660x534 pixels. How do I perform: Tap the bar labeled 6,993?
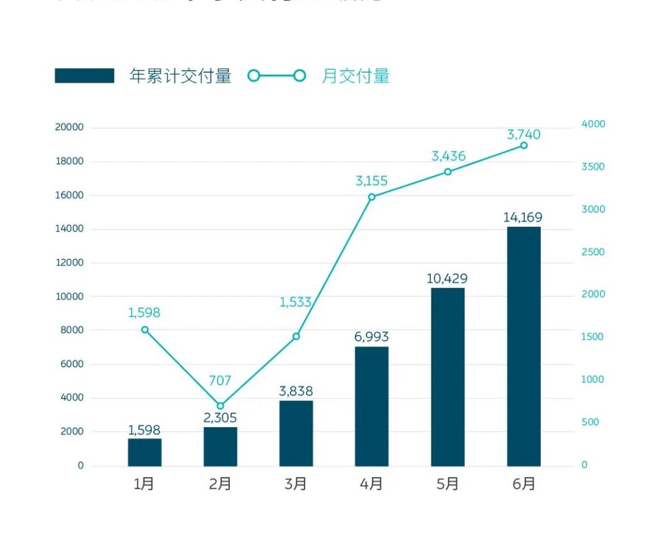(x=372, y=406)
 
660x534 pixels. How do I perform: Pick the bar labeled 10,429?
(x=448, y=376)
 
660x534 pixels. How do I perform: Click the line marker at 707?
(x=220, y=406)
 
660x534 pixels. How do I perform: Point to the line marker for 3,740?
(x=523, y=146)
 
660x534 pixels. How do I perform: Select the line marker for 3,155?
(x=372, y=196)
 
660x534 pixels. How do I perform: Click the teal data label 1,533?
(x=296, y=302)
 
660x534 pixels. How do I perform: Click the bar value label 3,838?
(x=296, y=391)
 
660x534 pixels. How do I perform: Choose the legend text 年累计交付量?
(x=180, y=76)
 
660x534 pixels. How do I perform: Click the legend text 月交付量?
(x=355, y=76)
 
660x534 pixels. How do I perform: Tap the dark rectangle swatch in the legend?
(x=84, y=76)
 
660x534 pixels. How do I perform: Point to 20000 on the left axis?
(x=70, y=128)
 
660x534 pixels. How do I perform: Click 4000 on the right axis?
(x=593, y=124)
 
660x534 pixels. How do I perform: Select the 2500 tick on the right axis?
(x=593, y=252)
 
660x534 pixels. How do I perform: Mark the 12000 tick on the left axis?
(x=70, y=263)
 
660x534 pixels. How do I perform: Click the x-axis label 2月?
(x=220, y=484)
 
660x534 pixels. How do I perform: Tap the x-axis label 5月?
(x=448, y=484)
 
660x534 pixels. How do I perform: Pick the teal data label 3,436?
(x=448, y=156)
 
